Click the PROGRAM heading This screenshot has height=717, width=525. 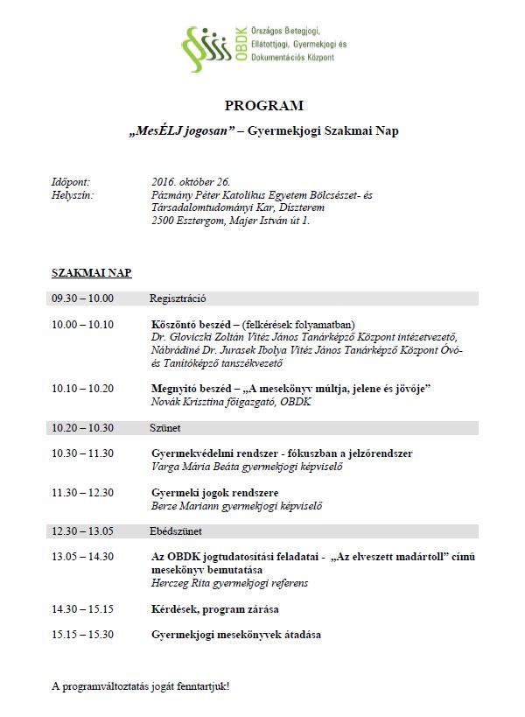click(x=263, y=106)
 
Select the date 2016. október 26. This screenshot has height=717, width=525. click(x=193, y=181)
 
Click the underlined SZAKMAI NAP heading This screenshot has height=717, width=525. click(x=92, y=273)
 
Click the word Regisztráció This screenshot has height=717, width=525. click(x=178, y=299)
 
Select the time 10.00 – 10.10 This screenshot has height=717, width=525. click(x=82, y=324)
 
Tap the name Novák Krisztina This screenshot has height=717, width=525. click(x=181, y=402)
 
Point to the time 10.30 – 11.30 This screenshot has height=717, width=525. click(x=82, y=453)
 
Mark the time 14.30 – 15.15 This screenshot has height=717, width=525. click(x=82, y=608)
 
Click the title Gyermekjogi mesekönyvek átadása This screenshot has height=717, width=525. click(x=235, y=634)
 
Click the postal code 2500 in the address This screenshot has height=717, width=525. click(x=163, y=221)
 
